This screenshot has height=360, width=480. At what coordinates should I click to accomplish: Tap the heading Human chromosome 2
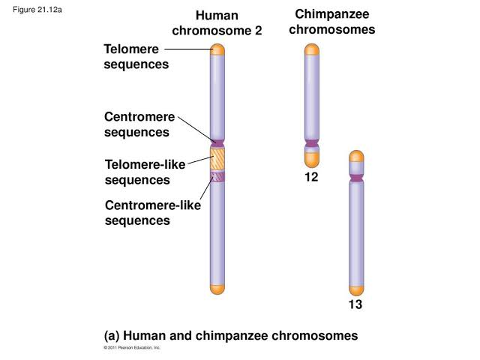tap(217, 23)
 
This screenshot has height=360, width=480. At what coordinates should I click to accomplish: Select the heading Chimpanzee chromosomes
tap(331, 22)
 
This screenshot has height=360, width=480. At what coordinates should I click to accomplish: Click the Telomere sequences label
tap(136, 57)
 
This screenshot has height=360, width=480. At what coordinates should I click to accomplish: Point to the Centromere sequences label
tap(139, 124)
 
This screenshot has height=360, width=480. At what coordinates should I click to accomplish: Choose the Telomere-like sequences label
tap(145, 172)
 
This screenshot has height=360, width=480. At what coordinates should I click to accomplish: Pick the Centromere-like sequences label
tap(152, 212)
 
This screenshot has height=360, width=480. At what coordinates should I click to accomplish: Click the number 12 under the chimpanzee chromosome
tap(311, 178)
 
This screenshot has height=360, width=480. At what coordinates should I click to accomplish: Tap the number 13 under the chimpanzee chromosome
tap(355, 305)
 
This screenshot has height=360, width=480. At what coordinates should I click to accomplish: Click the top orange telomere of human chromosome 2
tap(217, 49)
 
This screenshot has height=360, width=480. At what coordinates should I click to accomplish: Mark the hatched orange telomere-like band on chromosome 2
tap(217, 159)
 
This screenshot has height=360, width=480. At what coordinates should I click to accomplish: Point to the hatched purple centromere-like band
tap(217, 177)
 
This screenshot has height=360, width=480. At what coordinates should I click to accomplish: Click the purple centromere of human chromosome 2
tap(217, 142)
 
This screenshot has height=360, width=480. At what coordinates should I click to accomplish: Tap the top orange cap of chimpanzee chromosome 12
tap(312, 49)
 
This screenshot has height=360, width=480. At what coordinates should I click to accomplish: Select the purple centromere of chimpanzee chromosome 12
tap(312, 142)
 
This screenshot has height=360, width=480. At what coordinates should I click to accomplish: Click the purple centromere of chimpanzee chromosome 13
tap(356, 176)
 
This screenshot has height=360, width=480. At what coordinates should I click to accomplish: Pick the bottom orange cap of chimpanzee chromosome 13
tap(356, 289)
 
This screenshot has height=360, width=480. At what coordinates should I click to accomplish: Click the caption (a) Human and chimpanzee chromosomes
tap(231, 335)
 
